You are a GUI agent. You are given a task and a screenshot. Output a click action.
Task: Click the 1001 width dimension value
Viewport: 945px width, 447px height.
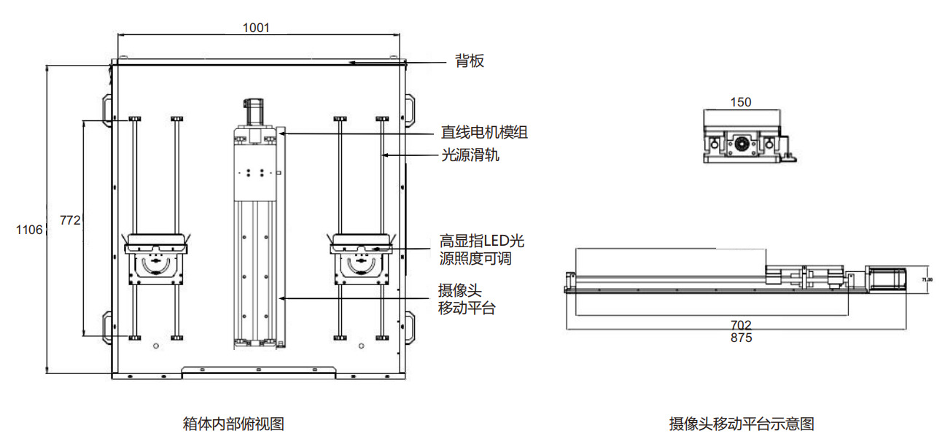(x=256, y=28)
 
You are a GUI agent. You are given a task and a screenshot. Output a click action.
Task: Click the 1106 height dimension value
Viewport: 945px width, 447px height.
(x=29, y=230)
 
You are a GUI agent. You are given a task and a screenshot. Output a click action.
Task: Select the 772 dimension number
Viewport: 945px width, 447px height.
(x=69, y=220)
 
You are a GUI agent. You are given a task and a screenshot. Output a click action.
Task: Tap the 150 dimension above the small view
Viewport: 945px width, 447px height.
(x=740, y=102)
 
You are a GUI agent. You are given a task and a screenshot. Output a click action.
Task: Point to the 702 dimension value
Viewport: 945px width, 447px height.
(x=740, y=325)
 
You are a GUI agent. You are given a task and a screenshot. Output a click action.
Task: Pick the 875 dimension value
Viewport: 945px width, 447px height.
(x=740, y=338)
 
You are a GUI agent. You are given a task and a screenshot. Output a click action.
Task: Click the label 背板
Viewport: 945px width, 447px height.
(x=470, y=61)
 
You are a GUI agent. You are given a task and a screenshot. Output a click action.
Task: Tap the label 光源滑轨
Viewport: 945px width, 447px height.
(x=470, y=155)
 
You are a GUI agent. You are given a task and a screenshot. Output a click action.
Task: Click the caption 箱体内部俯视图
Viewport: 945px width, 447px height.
(x=233, y=423)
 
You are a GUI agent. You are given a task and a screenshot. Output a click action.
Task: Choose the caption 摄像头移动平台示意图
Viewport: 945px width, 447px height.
(x=742, y=424)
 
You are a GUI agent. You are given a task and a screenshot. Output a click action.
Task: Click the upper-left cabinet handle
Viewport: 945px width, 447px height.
(x=108, y=107)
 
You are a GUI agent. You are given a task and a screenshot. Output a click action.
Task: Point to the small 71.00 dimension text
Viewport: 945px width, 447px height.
(x=927, y=279)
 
